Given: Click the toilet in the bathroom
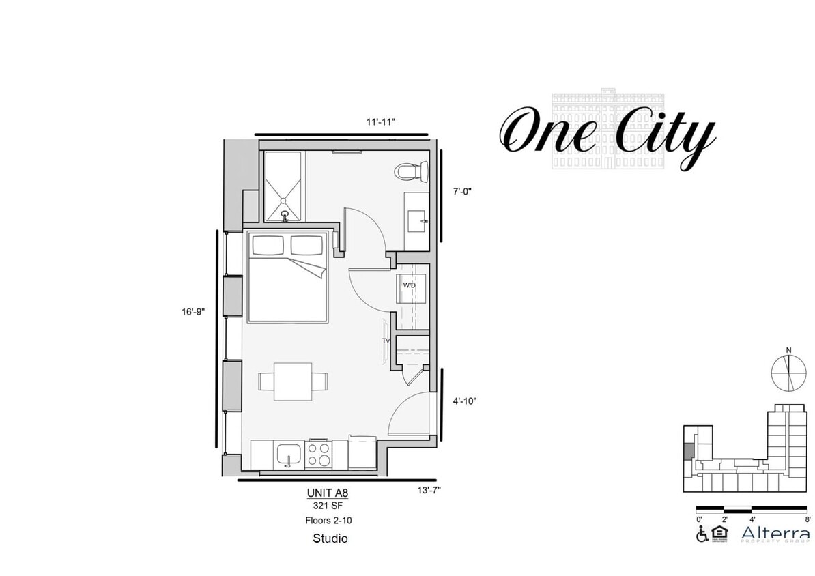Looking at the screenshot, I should (x=412, y=171).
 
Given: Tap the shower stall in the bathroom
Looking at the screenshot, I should (x=283, y=186).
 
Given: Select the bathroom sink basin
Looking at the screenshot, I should (x=416, y=220).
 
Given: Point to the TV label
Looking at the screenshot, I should (x=386, y=341).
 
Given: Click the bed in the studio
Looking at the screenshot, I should (x=287, y=276).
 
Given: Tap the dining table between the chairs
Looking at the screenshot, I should (x=293, y=381).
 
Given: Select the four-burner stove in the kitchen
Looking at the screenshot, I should (x=318, y=454).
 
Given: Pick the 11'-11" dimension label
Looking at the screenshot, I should (x=380, y=122).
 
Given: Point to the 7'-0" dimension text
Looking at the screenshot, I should (x=461, y=192).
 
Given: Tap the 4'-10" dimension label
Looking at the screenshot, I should (x=463, y=401).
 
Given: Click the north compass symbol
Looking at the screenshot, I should (x=788, y=373).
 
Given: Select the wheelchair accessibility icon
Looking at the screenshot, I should (x=702, y=534).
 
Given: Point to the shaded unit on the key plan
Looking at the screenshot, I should (x=689, y=452).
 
